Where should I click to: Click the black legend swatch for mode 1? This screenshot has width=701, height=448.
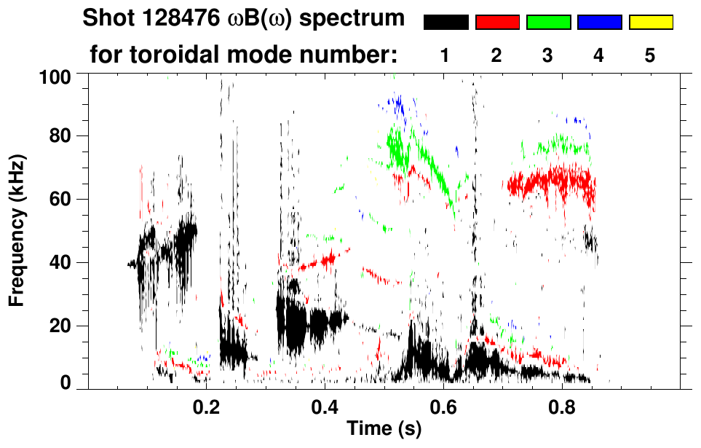446,23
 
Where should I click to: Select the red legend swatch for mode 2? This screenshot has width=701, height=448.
497,23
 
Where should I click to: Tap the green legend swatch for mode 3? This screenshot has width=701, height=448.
548,23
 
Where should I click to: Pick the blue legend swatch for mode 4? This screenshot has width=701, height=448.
599,23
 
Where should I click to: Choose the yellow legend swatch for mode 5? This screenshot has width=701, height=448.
650,23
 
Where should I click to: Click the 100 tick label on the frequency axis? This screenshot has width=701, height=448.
57,76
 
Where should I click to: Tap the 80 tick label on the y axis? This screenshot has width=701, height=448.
61,136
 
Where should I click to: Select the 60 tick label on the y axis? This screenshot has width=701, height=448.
61,199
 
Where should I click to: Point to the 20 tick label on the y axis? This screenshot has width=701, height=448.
61,326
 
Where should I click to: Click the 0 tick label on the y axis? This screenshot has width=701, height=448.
66,383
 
